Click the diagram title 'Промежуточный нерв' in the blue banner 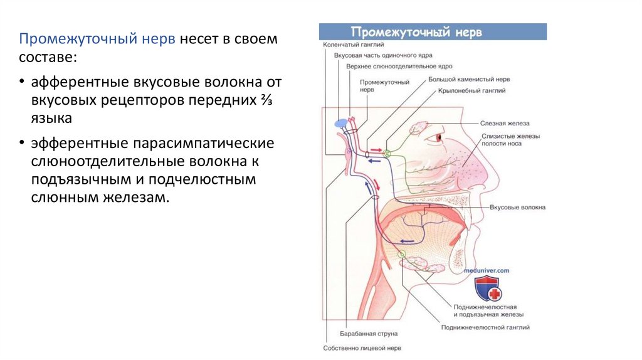click(416, 32)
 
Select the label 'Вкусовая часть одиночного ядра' click(379, 56)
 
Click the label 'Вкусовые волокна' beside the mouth click(517, 207)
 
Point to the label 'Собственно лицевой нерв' click(362, 348)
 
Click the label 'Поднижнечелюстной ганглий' click(485, 327)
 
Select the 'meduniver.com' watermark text click(487, 270)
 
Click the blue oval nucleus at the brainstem click(341, 123)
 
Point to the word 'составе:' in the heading click(48, 57)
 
